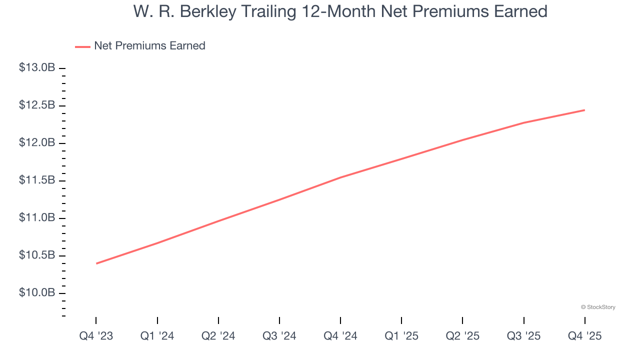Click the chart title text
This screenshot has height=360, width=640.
340,11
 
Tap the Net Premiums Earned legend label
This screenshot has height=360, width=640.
149,46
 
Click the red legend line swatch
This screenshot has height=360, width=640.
82,46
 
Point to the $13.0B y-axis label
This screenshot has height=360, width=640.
37,67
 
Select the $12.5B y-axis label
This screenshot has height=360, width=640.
37,105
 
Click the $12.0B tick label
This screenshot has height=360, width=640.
37,143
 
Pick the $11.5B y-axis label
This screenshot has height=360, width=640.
37,180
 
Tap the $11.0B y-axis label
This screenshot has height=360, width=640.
37,218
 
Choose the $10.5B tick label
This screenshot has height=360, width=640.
37,255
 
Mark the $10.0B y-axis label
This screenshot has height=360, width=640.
37,292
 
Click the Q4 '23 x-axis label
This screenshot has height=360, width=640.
96,336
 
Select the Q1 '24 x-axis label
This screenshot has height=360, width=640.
157,336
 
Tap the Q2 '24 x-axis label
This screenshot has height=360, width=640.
218,336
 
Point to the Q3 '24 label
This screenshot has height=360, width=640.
279,336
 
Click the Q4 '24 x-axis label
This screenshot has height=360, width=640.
340,336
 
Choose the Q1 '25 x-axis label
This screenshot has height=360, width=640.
401,336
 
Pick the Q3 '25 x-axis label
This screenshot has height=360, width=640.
523,336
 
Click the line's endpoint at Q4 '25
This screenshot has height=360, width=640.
584,110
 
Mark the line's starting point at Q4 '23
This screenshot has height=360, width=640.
96,263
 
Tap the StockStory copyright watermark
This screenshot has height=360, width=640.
598,307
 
